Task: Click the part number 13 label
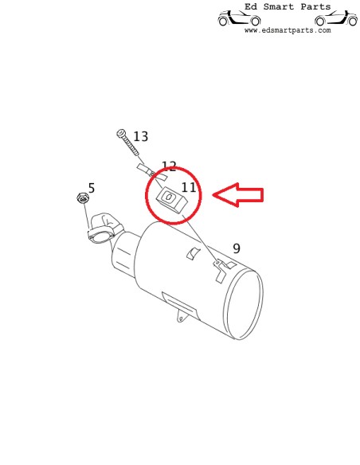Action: tap(140, 136)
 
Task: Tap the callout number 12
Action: tap(169, 166)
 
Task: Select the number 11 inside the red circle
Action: tap(189, 187)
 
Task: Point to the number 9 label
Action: tap(237, 248)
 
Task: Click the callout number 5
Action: tap(92, 188)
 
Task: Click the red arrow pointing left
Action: tap(238, 195)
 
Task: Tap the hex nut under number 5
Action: tap(82, 198)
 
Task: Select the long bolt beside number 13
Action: tap(127, 142)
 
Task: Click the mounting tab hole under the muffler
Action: tap(181, 318)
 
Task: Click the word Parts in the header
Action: tap(315, 6)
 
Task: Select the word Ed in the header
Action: tap(251, 6)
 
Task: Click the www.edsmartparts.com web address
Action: tap(288, 30)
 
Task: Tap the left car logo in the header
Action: tap(239, 18)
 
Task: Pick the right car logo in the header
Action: tap(336, 18)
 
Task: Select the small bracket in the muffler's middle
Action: tap(193, 253)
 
